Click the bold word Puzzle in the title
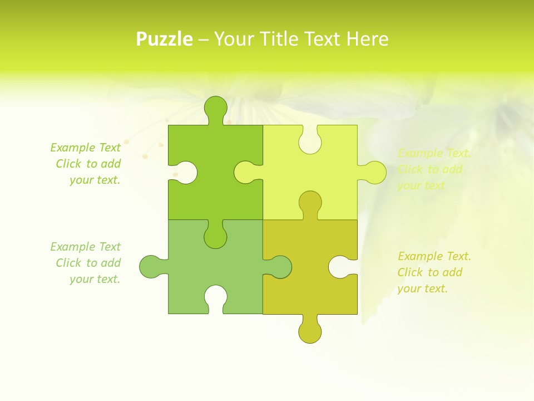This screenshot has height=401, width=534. (165, 39)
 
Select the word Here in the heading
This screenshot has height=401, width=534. (367, 39)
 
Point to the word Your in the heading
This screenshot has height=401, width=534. (233, 39)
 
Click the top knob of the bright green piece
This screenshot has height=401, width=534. (216, 107)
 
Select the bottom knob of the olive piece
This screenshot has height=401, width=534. (310, 331)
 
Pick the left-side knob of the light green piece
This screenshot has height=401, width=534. (150, 266)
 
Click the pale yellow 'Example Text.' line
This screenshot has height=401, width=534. (434, 153)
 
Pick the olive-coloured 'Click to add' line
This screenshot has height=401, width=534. (430, 272)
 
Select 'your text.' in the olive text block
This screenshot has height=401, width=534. (422, 288)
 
